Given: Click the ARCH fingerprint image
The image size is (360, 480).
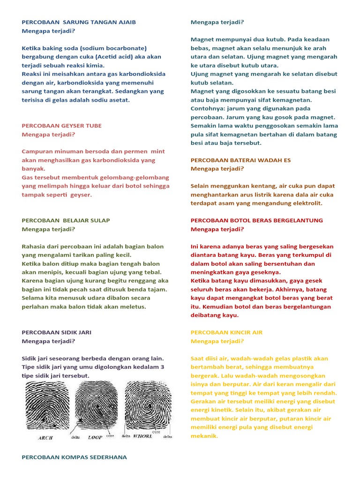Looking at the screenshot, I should [x=48, y=406].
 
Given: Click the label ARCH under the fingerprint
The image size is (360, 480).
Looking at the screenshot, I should [x=45, y=438].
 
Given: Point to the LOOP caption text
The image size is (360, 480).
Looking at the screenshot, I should [x=95, y=437].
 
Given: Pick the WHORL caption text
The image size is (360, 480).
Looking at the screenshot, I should [x=143, y=436].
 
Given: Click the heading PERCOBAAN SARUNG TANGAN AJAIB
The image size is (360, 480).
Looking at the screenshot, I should [x=79, y=22].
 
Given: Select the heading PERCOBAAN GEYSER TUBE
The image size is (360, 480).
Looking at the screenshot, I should [x=62, y=126].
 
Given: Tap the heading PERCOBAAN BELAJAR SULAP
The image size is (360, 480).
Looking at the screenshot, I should [x=66, y=220].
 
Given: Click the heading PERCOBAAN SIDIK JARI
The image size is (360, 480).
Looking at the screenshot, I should [x=57, y=332].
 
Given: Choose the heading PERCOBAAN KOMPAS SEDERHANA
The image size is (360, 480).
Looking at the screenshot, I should [x=75, y=457].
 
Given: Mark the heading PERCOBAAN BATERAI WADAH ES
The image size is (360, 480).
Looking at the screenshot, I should [x=240, y=160].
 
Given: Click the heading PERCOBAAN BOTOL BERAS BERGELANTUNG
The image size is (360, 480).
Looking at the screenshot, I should [x=257, y=220].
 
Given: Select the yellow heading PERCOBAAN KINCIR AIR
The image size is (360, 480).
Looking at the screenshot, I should [x=226, y=332].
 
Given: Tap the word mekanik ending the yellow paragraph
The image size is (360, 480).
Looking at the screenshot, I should [x=204, y=436].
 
